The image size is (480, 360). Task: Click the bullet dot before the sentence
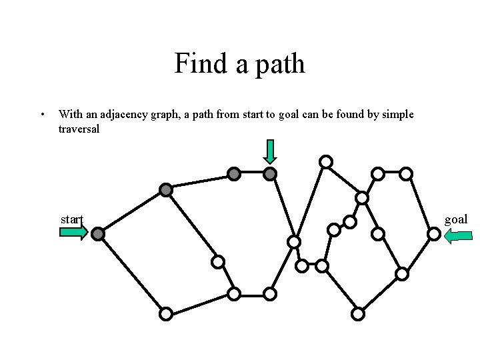click(43, 115)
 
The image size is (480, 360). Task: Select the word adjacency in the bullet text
click(113, 115)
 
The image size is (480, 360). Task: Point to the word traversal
click(79, 129)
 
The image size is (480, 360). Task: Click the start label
click(71, 219)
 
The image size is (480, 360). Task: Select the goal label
click(456, 219)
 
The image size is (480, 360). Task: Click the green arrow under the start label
click(73, 233)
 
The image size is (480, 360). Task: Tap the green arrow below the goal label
click(458, 235)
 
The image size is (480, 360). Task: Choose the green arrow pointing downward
click(269, 151)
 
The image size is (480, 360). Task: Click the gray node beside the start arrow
click(98, 234)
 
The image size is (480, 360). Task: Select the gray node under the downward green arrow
click(270, 174)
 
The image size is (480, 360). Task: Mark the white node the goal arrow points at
click(433, 234)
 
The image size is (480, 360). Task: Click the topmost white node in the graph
click(325, 161)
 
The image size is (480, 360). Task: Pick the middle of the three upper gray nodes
click(234, 174)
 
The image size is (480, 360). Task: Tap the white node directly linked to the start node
click(166, 313)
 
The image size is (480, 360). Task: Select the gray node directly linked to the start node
click(166, 190)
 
